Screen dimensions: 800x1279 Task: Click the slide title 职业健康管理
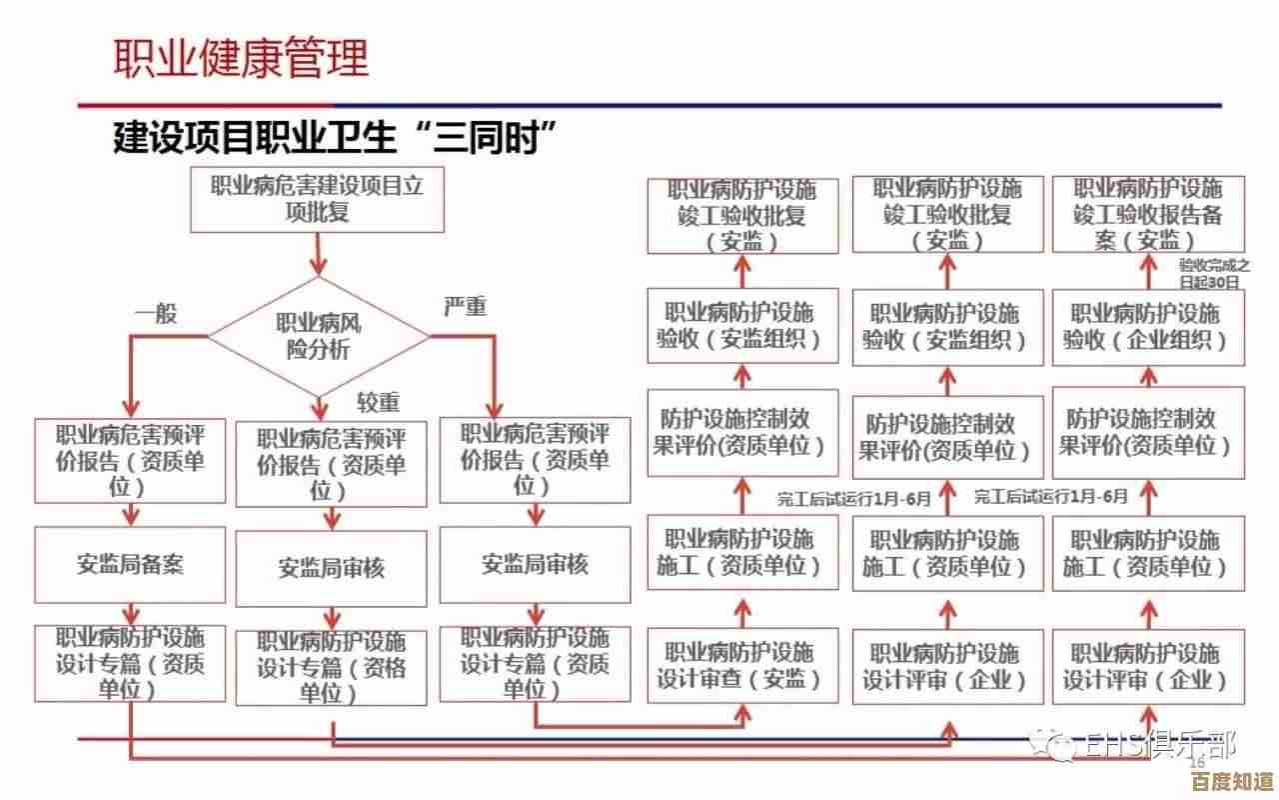(x=240, y=57)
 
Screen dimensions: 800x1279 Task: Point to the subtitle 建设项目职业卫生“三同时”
(x=335, y=138)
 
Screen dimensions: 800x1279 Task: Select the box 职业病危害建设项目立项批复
(x=318, y=199)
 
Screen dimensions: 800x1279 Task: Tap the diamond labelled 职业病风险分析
(x=318, y=337)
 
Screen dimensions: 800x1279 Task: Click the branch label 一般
(x=156, y=313)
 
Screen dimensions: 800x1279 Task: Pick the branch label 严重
(x=465, y=306)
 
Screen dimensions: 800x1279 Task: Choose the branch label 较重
(x=379, y=402)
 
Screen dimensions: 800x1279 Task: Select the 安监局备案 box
(x=130, y=564)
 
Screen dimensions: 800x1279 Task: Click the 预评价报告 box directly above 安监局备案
(x=130, y=460)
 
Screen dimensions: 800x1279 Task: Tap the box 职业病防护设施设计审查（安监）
(x=742, y=666)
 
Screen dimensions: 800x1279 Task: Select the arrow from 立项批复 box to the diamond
(x=318, y=254)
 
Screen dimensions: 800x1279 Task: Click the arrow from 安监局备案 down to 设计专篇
(x=130, y=612)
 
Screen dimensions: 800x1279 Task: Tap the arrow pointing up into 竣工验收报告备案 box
(x=1148, y=268)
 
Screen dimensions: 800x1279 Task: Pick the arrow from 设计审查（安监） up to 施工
(x=742, y=609)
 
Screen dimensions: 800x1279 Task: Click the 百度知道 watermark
(x=1230, y=780)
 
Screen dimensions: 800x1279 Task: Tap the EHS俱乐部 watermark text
(x=1159, y=746)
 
